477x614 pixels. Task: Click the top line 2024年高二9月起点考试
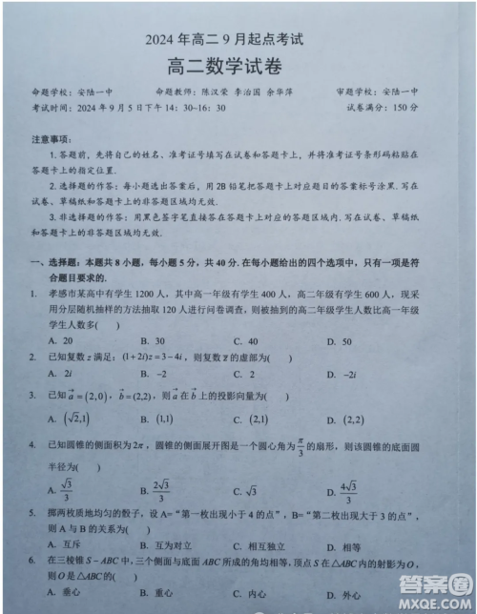238,40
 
